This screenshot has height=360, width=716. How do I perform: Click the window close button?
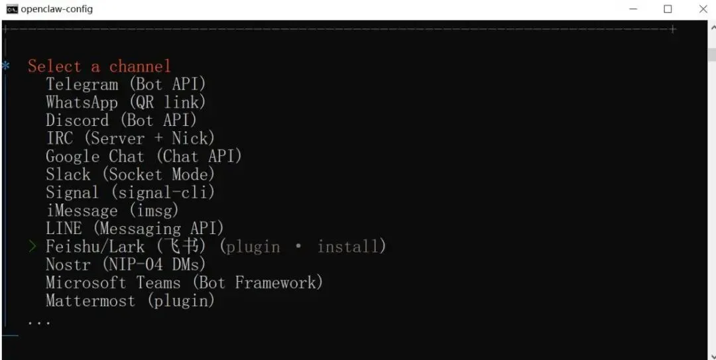(x=703, y=9)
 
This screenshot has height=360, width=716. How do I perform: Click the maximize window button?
(x=668, y=9)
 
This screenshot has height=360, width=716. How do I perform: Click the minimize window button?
(x=632, y=9)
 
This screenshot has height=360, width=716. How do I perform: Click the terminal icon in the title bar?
(x=11, y=9)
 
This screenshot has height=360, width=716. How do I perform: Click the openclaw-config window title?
(x=57, y=9)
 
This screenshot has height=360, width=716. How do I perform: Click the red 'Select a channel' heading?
(x=99, y=66)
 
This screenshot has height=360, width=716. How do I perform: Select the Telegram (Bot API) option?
(x=125, y=84)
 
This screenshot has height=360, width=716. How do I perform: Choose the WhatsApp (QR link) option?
(x=125, y=102)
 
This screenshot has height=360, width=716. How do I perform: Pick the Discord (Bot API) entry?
(x=121, y=121)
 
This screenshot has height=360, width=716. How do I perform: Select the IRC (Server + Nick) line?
(x=130, y=139)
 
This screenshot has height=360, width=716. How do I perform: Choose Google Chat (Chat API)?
(x=143, y=156)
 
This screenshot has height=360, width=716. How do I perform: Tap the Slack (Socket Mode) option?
(x=130, y=174)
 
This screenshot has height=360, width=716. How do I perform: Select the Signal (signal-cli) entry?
(x=130, y=192)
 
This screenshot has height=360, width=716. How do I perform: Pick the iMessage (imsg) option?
(x=112, y=211)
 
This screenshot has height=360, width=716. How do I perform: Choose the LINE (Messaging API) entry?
(x=135, y=229)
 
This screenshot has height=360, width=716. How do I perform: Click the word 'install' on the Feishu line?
(x=347, y=247)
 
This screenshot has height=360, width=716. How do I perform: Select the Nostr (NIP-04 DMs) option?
(x=125, y=265)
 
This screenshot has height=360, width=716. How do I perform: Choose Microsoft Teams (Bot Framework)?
(x=184, y=282)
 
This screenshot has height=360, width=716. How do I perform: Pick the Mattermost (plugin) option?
(x=130, y=300)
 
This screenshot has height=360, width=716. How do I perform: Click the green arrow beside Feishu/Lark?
(x=32, y=247)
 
